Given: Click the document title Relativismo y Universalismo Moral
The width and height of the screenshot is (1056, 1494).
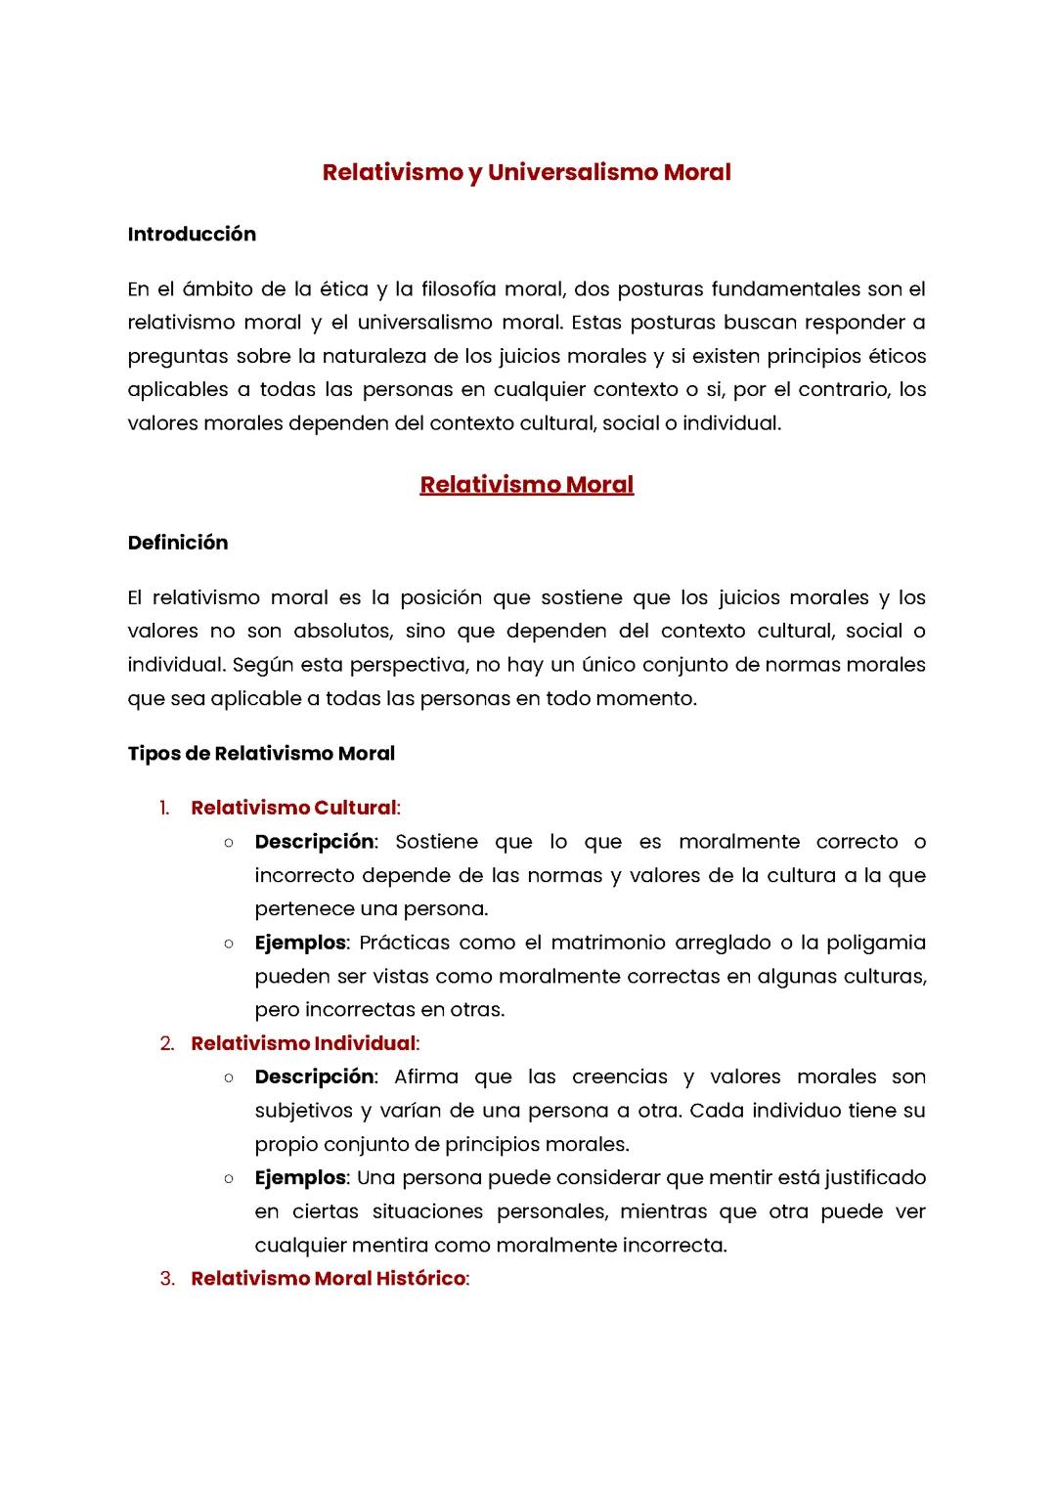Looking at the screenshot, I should (x=527, y=172).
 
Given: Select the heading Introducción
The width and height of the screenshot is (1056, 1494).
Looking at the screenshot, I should (x=192, y=234).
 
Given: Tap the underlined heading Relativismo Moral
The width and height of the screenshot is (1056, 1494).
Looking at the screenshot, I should (x=527, y=484).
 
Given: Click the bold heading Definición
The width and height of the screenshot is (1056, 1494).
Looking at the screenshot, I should (x=177, y=543).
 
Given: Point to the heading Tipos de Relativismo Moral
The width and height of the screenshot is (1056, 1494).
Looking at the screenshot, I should (x=261, y=753).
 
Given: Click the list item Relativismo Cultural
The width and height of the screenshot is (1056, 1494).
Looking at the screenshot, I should (x=293, y=808).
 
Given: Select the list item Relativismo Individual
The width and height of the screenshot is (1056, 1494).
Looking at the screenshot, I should (x=303, y=1043).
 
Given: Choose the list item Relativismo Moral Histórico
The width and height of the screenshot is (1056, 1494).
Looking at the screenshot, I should (x=328, y=1278).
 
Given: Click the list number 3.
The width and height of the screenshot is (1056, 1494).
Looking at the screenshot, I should (x=167, y=1278).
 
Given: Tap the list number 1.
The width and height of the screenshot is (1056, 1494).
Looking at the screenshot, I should (x=164, y=808).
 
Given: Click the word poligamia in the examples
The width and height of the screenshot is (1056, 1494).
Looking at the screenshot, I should (x=875, y=943).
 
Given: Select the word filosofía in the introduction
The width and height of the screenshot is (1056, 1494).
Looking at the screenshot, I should (x=458, y=289).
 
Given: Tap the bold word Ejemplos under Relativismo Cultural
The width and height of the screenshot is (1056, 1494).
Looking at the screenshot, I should (x=300, y=943).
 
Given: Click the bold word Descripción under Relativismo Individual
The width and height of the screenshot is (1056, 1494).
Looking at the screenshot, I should (x=314, y=1077).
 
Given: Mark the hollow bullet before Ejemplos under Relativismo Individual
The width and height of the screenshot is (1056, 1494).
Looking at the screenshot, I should (x=228, y=1178).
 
